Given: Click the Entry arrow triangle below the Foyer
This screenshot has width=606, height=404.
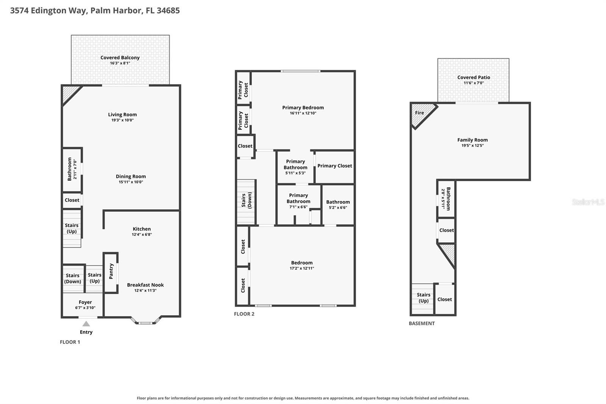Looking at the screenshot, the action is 86,324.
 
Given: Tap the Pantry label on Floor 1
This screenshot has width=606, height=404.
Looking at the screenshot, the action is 111,271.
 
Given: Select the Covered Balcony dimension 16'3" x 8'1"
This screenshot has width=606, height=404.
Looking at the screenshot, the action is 120,63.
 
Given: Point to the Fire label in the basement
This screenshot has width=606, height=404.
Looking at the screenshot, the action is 419,113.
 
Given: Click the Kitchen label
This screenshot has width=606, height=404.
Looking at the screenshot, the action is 142,229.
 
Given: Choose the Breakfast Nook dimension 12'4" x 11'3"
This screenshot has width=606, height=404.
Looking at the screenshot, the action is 145,291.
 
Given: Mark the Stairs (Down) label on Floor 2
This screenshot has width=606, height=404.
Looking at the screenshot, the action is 247,200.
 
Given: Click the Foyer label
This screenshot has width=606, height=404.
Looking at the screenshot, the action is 85,302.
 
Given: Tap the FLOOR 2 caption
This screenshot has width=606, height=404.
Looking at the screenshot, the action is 244,314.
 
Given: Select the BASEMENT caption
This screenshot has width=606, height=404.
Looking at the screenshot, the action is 422,323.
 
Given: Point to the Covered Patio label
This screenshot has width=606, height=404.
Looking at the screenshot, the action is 474,77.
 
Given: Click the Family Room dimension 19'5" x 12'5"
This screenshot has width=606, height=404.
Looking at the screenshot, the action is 473,146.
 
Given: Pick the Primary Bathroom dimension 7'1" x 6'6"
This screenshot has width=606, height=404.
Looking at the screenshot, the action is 298,207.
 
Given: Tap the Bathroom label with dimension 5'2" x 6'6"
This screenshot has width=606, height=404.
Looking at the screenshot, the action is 338,202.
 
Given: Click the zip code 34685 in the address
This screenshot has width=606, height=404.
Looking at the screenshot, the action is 168,11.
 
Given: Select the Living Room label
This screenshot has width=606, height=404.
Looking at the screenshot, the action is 123,114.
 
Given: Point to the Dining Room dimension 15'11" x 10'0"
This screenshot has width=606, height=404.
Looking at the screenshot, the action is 131,182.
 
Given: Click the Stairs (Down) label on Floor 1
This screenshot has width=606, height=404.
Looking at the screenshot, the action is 72,278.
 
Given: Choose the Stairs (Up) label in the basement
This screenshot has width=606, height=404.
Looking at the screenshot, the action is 424,298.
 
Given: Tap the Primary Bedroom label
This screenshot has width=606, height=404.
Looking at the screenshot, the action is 303,108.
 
